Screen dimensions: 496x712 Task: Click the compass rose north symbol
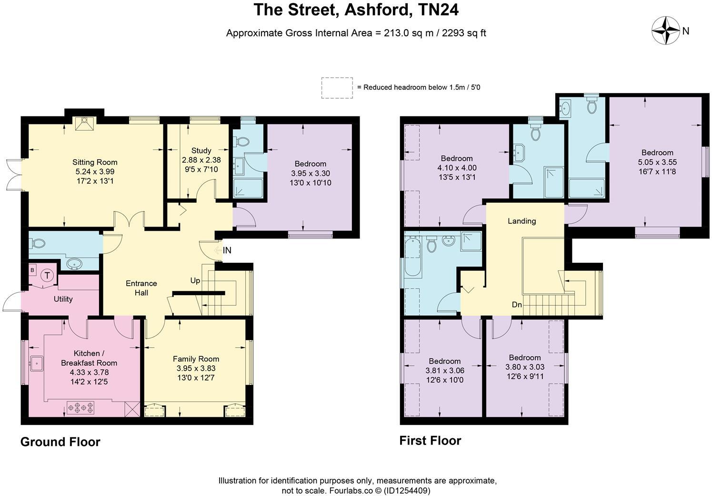pyautogui.click(x=665, y=31)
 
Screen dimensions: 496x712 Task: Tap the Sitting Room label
pyautogui.click(x=95, y=162)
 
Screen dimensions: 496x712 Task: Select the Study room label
pyautogui.click(x=201, y=150)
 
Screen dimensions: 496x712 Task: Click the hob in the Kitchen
pyautogui.click(x=80, y=408)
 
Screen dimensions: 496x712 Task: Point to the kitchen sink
pyautogui.click(x=36, y=363)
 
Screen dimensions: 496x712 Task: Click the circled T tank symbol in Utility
pyautogui.click(x=47, y=275)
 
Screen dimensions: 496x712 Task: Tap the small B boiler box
pyautogui.click(x=32, y=270)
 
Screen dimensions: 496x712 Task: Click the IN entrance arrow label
pyautogui.click(x=227, y=250)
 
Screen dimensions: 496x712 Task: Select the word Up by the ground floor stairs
pyautogui.click(x=195, y=280)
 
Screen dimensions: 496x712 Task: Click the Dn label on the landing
pyautogui.click(x=517, y=305)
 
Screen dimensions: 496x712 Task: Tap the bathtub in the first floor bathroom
pyautogui.click(x=413, y=258)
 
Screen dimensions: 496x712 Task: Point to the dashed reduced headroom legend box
pyautogui.click(x=337, y=88)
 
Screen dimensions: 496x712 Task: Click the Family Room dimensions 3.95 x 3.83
pyautogui.click(x=196, y=368)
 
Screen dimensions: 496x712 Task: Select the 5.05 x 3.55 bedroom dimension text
pyautogui.click(x=657, y=162)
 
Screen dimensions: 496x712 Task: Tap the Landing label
pyautogui.click(x=521, y=221)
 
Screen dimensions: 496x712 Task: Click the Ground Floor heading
pyautogui.click(x=60, y=442)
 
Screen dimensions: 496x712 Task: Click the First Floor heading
pyautogui.click(x=430, y=440)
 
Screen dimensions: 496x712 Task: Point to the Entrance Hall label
pyautogui.click(x=141, y=288)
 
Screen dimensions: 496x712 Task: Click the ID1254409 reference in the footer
pyautogui.click(x=408, y=490)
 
